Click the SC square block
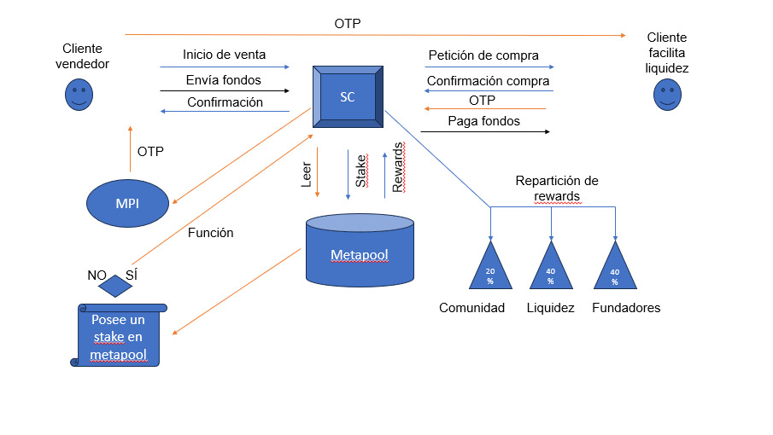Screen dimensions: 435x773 tap(348, 96)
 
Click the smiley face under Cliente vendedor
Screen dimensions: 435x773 tap(79, 94)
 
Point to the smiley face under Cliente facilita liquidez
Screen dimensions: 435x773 tap(667, 94)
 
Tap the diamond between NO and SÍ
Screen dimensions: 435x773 tap(115, 286)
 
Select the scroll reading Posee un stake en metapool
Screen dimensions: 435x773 tap(120, 336)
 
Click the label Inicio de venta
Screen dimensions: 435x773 tap(224, 55)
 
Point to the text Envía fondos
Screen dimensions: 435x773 tap(224, 80)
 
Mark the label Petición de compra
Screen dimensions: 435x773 tap(483, 55)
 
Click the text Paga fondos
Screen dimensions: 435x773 tap(483, 121)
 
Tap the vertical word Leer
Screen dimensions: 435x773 tap(307, 174)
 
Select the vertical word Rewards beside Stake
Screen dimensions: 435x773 tap(398, 167)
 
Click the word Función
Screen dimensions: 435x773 tap(210, 232)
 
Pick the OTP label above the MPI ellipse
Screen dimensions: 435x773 tap(150, 152)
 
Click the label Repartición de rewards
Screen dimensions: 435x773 tap(557, 188)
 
